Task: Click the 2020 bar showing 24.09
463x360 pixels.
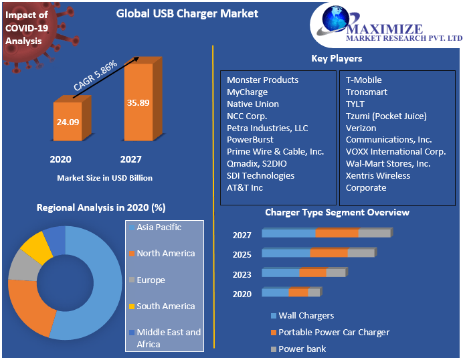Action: point(69,122)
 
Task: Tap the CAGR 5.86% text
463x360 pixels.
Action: point(96,76)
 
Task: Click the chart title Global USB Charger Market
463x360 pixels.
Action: point(177,13)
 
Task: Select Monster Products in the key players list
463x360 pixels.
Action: point(262,80)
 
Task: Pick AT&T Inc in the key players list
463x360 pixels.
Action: point(245,188)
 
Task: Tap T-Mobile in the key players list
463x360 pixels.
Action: point(363,80)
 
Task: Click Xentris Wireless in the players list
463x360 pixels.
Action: point(378,176)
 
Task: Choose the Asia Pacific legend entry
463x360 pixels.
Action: point(159,228)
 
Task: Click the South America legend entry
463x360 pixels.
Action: point(165,306)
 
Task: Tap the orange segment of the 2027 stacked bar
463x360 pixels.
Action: point(337,233)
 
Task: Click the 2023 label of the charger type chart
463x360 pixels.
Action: point(242,274)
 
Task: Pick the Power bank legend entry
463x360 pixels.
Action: point(302,349)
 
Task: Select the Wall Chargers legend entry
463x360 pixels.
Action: point(306,316)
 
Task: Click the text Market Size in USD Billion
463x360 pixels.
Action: point(104,178)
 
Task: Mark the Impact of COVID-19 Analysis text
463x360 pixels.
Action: point(27,27)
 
